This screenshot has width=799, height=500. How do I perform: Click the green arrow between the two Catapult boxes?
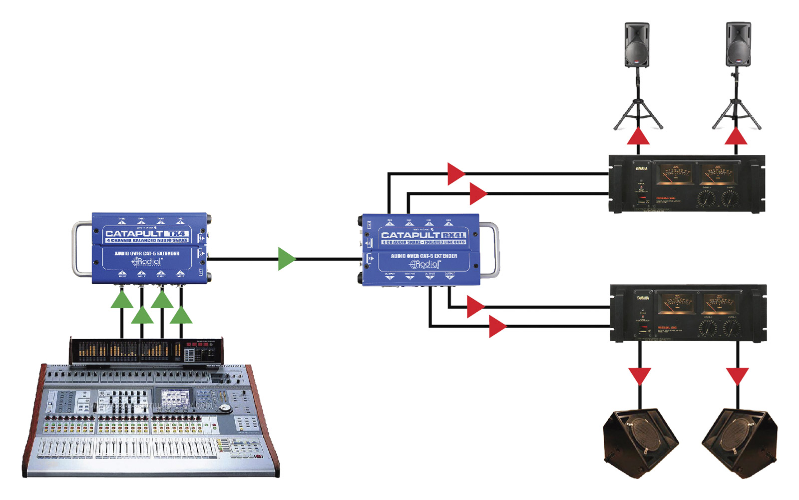click(286, 259)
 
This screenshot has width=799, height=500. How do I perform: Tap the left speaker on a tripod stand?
click(637, 44)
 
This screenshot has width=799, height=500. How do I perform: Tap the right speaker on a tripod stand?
click(738, 44)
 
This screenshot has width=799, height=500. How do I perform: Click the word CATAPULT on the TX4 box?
click(134, 233)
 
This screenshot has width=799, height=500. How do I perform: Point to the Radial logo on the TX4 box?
click(147, 262)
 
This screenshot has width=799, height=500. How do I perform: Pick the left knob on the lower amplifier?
click(708, 328)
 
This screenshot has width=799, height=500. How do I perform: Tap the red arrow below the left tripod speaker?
click(638, 136)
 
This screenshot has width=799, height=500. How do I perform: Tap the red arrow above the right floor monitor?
click(737, 376)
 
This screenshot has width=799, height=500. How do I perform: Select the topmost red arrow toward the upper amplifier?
click(455, 174)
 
